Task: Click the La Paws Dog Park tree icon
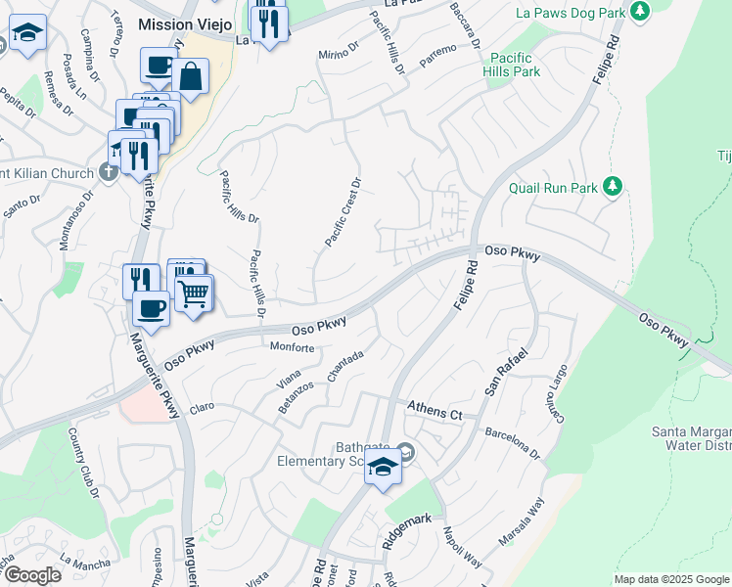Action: click(x=640, y=12)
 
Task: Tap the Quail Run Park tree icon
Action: click(x=613, y=186)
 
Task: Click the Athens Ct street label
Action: click(x=434, y=411)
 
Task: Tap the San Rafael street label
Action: click(x=505, y=373)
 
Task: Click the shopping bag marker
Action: click(x=193, y=76)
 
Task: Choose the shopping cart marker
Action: click(x=194, y=292)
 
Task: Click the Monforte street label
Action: click(x=292, y=347)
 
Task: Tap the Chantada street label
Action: click(x=345, y=368)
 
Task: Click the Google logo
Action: click(x=32, y=575)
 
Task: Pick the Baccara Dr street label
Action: click(x=465, y=26)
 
